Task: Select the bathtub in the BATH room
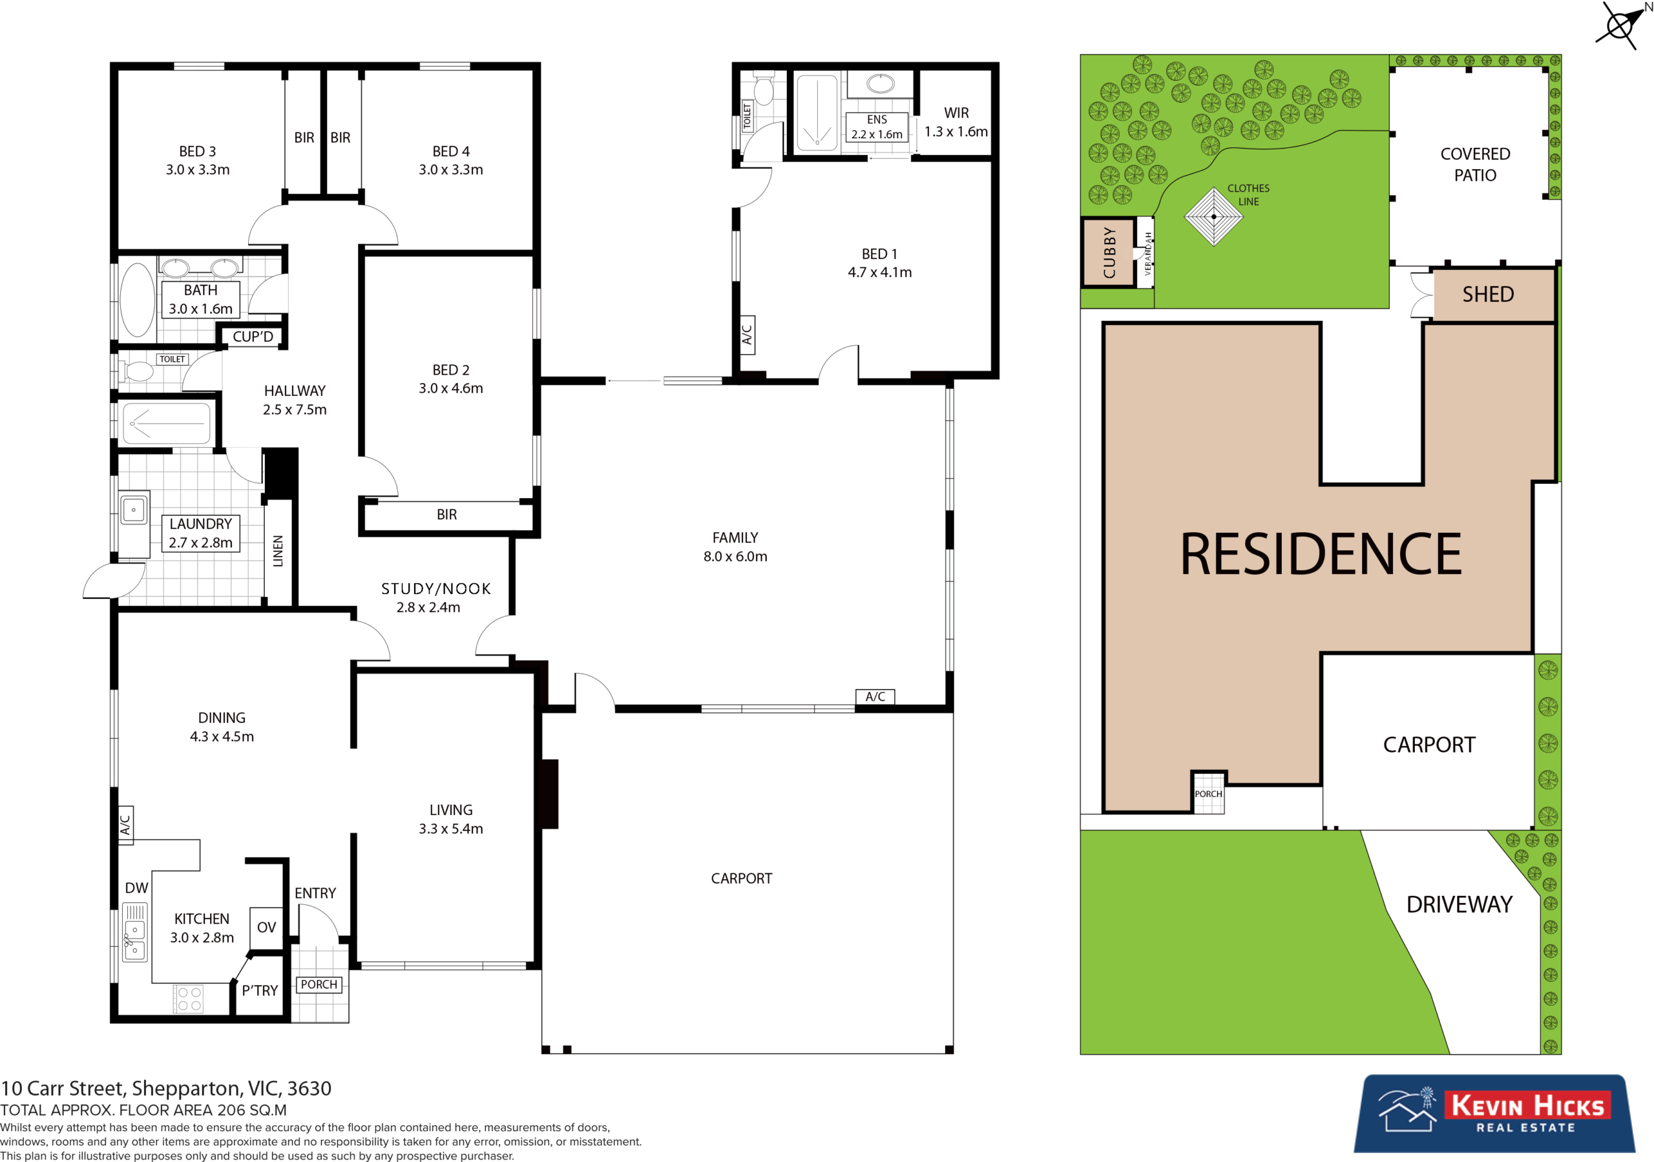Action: pyautogui.click(x=137, y=300)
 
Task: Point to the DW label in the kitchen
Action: pyautogui.click(x=136, y=888)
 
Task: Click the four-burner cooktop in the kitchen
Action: pyautogui.click(x=189, y=999)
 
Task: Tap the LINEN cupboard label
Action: pyautogui.click(x=278, y=551)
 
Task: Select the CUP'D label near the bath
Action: pyautogui.click(x=253, y=337)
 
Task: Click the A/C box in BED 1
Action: pyautogui.click(x=747, y=335)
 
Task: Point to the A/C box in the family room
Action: pyautogui.click(x=875, y=697)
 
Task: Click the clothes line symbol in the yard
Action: pyautogui.click(x=1214, y=216)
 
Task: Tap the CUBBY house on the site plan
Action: pyautogui.click(x=1109, y=252)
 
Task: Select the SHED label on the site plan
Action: pyautogui.click(x=1487, y=295)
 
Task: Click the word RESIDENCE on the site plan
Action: pyautogui.click(x=1321, y=554)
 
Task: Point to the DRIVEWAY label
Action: pyautogui.click(x=1459, y=905)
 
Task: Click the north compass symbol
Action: pyautogui.click(x=1621, y=26)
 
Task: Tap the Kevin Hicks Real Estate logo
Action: pyautogui.click(x=1495, y=1113)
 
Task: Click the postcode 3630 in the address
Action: pyautogui.click(x=309, y=1088)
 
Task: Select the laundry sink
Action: pyautogui.click(x=133, y=510)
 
